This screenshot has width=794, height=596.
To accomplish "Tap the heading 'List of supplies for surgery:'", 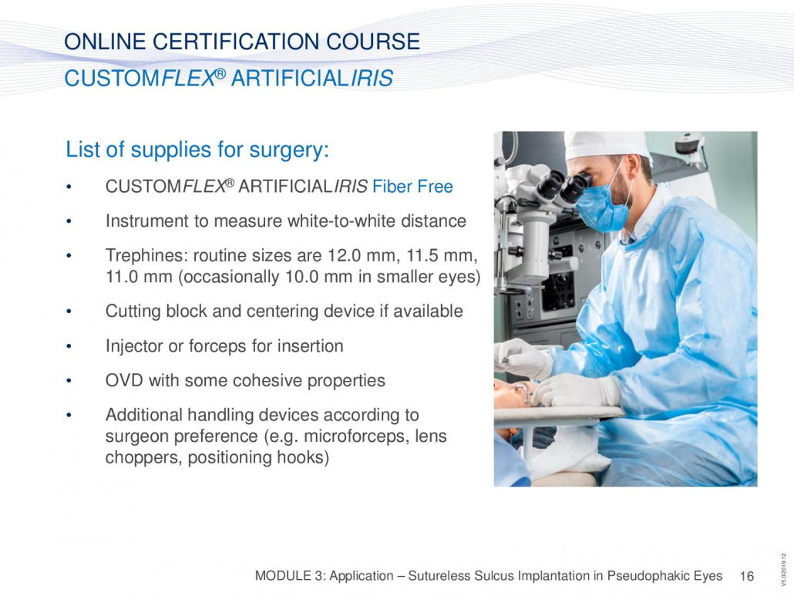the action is (x=197, y=150).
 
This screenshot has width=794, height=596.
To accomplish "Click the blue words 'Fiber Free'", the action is (x=412, y=187).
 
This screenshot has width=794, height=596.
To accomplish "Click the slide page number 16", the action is (x=747, y=576).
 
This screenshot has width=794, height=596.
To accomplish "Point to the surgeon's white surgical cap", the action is (x=607, y=145).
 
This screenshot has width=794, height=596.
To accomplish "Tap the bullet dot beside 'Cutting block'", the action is (x=69, y=311).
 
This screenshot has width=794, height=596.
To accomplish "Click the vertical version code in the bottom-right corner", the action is (x=783, y=570).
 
